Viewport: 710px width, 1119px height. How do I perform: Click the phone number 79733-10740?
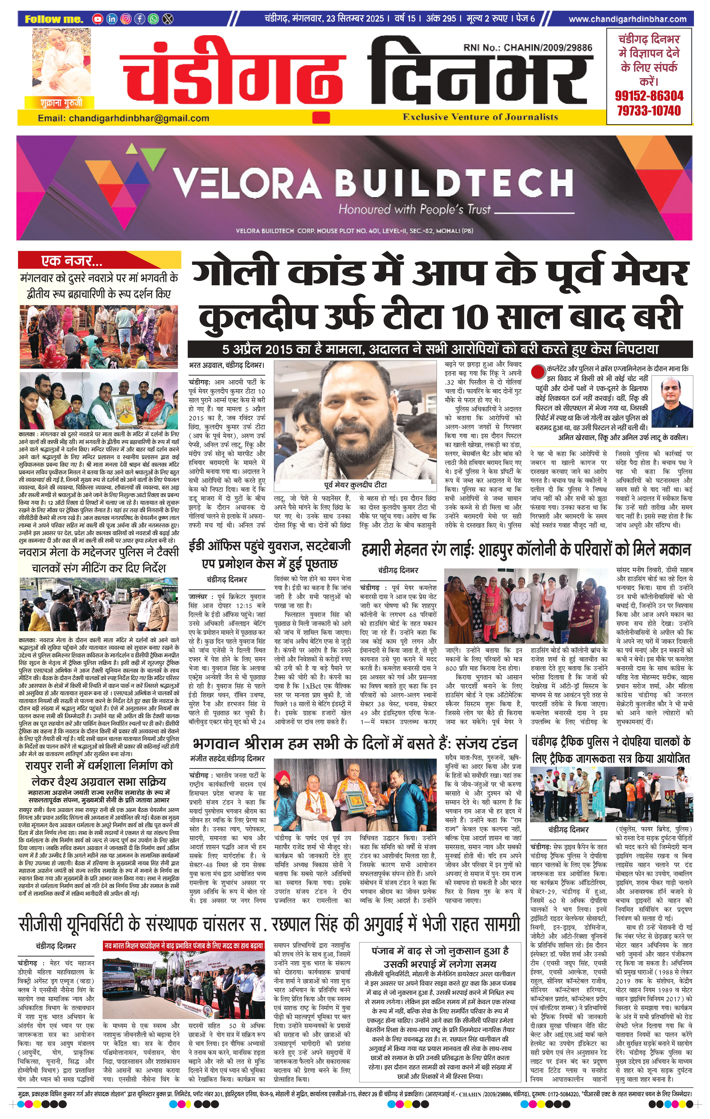pos(649,111)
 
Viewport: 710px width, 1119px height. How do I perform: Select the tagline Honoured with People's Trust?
pos(414,209)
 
